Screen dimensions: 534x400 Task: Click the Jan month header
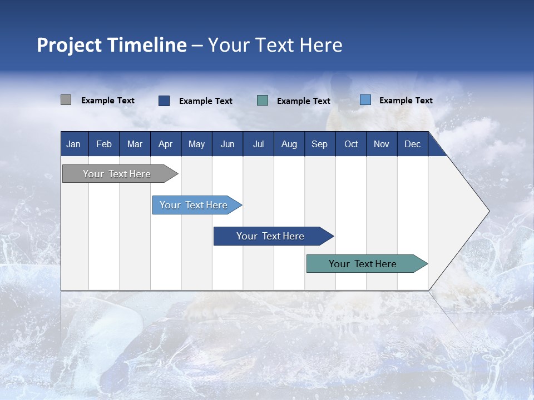(73, 144)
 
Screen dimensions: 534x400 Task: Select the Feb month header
(104, 144)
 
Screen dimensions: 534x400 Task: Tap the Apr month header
(166, 144)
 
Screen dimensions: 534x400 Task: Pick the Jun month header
(228, 144)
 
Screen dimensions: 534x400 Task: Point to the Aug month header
(289, 144)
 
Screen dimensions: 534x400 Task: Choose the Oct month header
(351, 144)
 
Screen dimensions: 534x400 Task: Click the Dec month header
(412, 144)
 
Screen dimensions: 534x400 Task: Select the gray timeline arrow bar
(120, 174)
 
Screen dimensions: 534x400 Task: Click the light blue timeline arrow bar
(197, 205)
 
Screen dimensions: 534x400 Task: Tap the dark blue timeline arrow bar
(274, 236)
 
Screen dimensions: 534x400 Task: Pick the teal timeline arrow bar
(367, 263)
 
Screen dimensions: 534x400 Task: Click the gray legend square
(66, 99)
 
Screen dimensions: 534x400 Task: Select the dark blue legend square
(164, 101)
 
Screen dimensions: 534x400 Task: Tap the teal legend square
(262, 101)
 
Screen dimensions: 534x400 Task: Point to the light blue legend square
(365, 99)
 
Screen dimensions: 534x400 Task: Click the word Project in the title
(69, 46)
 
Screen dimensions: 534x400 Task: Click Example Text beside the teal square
(304, 101)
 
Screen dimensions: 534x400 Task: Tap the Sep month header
(320, 144)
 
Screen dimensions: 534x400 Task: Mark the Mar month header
(135, 144)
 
